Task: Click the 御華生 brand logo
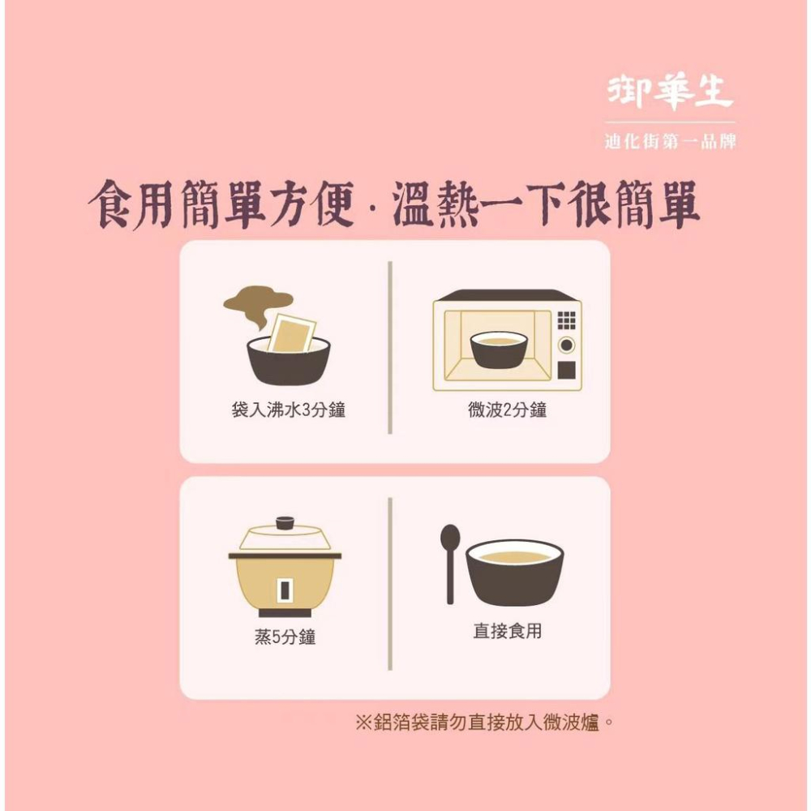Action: point(670,94)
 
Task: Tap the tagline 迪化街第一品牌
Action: point(671,141)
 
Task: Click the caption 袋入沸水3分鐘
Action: point(288,410)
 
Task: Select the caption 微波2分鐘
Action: point(508,410)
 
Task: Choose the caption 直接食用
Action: point(507,630)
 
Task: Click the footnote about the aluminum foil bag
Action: point(484,722)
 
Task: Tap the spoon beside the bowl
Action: point(450,560)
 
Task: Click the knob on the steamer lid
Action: point(285,522)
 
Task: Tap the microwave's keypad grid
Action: point(567,320)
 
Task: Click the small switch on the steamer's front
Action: point(285,589)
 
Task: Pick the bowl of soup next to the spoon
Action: point(515,572)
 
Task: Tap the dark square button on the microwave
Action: point(567,371)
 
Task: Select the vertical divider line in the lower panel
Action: point(390,584)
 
